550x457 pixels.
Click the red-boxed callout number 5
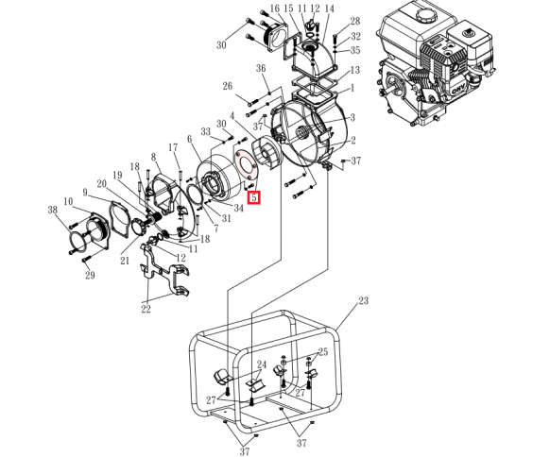tap(254, 197)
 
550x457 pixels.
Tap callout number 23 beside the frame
tap(364, 300)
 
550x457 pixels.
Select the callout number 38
tap(53, 210)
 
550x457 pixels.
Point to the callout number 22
tap(146, 309)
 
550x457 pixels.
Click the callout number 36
tap(261, 68)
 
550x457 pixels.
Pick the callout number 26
tap(228, 86)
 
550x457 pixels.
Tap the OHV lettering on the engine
tap(458, 91)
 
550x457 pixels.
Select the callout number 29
tap(90, 275)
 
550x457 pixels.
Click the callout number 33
tap(206, 132)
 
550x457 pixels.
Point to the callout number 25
tap(322, 351)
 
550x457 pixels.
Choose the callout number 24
tap(262, 364)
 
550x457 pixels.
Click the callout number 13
tap(355, 70)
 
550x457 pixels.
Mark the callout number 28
tap(355, 21)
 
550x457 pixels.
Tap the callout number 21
tap(125, 261)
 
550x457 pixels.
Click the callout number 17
tap(173, 147)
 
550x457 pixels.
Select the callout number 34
tap(238, 208)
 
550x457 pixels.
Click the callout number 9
tap(85, 192)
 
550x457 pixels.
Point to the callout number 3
tap(352, 117)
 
